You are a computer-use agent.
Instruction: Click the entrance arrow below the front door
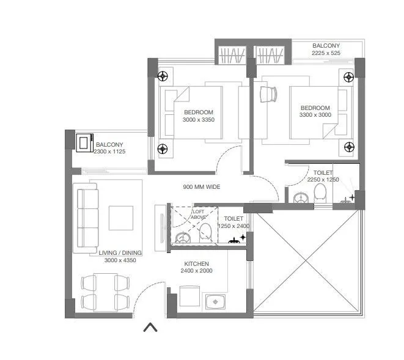[150, 328]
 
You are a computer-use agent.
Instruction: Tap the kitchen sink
[215, 301]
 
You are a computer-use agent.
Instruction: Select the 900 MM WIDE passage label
[202, 187]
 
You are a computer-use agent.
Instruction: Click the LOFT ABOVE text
[199, 214]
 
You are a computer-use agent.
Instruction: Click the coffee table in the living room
[121, 217]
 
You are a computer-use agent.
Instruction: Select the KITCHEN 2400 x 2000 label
[199, 267]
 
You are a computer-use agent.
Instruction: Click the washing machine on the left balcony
[83, 142]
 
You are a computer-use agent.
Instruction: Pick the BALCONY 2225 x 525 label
[326, 50]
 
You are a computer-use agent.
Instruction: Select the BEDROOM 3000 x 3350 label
[199, 116]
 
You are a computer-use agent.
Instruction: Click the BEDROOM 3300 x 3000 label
[315, 111]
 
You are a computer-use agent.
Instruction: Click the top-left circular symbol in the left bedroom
[163, 76]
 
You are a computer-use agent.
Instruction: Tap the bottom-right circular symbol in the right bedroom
[348, 146]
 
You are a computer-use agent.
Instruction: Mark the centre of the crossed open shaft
[307, 262]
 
